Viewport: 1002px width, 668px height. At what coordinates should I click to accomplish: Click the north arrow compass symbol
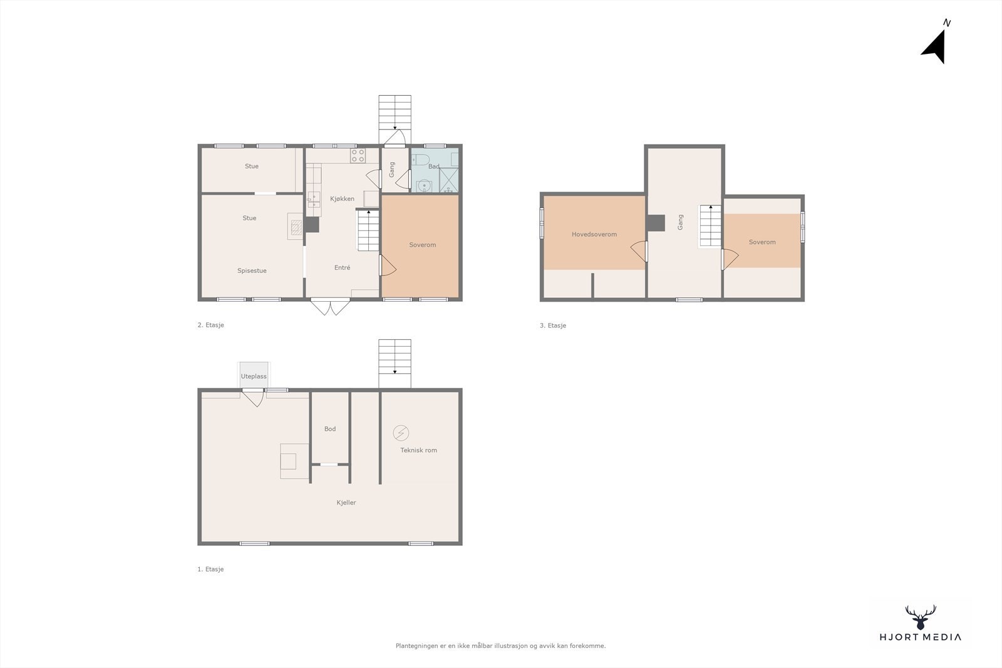935,47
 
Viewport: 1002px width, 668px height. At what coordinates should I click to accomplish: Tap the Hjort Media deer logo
920,617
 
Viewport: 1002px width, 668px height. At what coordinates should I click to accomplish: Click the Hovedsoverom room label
594,235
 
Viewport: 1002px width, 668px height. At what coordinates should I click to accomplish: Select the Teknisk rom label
418,450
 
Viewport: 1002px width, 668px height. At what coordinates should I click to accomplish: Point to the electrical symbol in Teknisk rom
401,433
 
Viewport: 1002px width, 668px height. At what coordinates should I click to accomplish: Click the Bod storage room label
330,429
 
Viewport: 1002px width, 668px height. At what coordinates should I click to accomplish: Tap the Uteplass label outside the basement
254,376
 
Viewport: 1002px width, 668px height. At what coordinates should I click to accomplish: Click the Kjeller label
346,503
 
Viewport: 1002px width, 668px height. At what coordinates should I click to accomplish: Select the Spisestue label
252,271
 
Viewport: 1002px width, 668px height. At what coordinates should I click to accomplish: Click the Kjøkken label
342,199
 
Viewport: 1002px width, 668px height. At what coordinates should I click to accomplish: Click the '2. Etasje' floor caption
210,326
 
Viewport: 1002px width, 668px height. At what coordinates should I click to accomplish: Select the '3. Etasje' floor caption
553,326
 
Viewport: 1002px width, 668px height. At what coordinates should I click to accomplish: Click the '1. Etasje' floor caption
210,570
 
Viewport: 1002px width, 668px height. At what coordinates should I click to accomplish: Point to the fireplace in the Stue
294,226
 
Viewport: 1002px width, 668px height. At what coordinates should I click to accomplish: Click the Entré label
342,268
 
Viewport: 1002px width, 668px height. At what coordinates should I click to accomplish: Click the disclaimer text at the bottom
500,646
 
